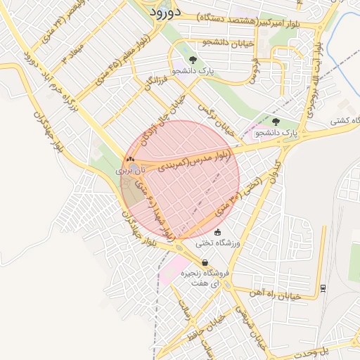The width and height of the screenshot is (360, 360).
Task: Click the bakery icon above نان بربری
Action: (129, 160)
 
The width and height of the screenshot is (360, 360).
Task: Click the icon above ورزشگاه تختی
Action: (217, 233)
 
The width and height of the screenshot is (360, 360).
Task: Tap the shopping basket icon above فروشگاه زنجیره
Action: (205, 263)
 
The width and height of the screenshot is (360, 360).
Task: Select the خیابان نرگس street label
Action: (224, 120)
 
